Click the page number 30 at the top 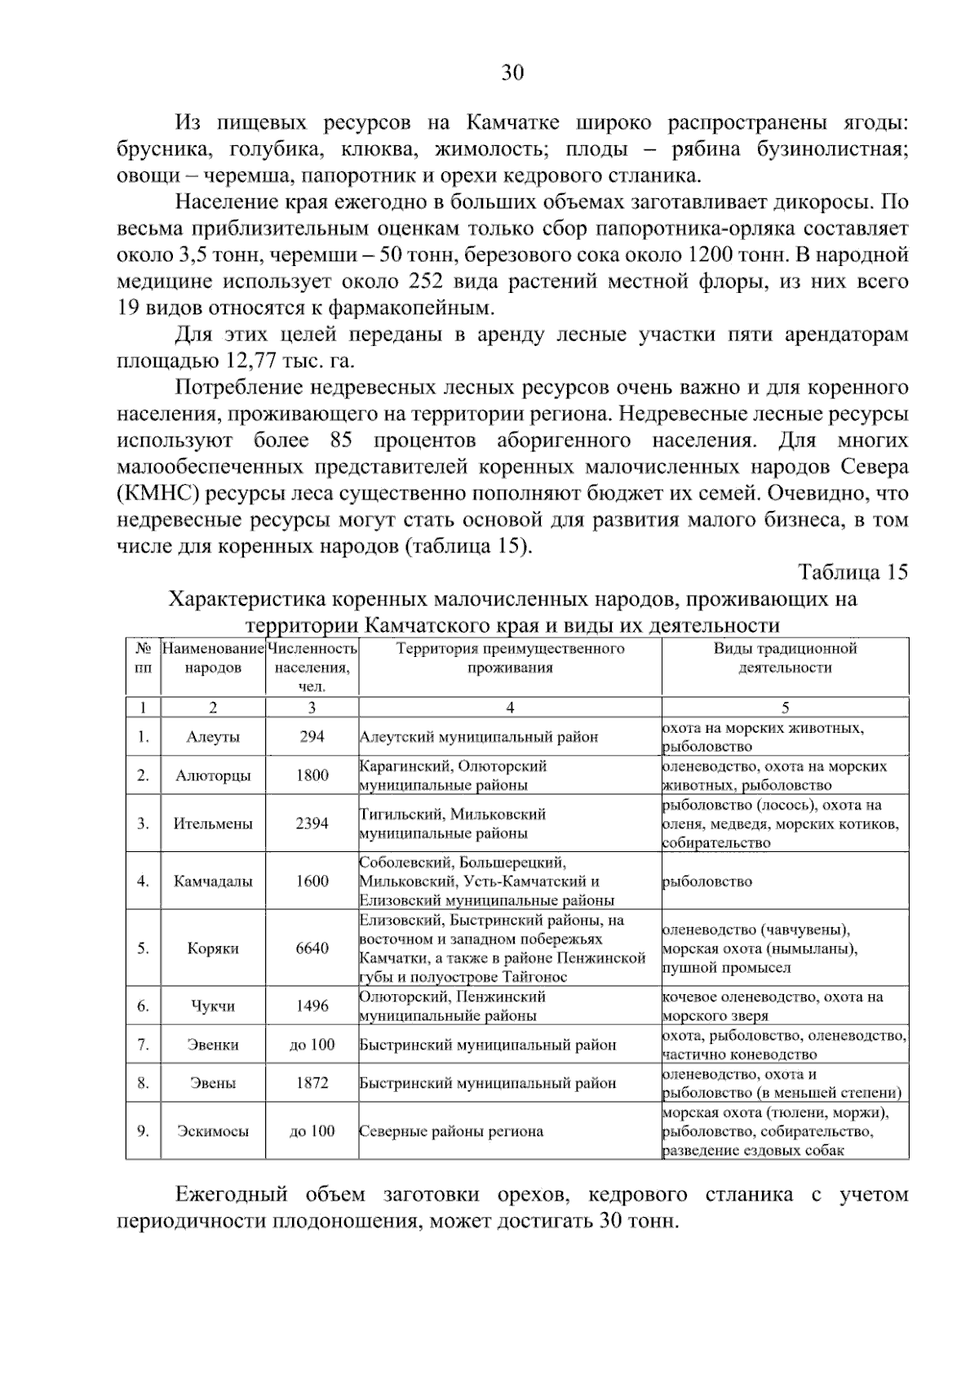[512, 73]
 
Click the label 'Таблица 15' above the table [852, 572]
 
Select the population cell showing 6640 [312, 948]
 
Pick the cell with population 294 [312, 736]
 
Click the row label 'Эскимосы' [213, 1131]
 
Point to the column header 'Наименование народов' [213, 658]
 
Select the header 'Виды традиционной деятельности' [785, 658]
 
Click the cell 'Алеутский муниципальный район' [479, 737]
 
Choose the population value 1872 [312, 1083]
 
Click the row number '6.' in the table [143, 1006]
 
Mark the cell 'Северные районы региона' [451, 1131]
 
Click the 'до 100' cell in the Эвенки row [312, 1045]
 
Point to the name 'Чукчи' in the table [213, 1006]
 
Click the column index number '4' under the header [510, 708]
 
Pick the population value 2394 [312, 823]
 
